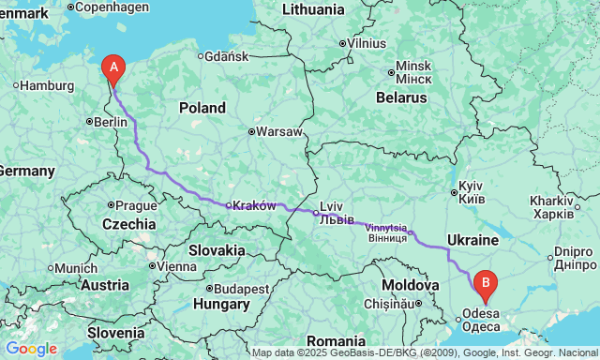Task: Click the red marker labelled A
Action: (113, 67)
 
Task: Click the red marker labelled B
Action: (485, 280)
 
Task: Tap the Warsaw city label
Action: (279, 131)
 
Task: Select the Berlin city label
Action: (110, 122)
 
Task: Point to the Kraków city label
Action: (253, 205)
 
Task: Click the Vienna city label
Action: (175, 267)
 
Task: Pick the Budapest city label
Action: (242, 288)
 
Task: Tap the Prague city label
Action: (136, 204)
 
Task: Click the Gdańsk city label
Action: (225, 56)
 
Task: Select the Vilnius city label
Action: (366, 43)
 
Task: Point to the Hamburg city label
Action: (46, 85)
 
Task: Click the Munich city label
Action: (75, 268)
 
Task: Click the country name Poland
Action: (203, 108)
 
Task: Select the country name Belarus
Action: (401, 97)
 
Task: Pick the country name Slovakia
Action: (217, 250)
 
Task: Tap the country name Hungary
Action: (220, 304)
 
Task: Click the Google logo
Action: (31, 349)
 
